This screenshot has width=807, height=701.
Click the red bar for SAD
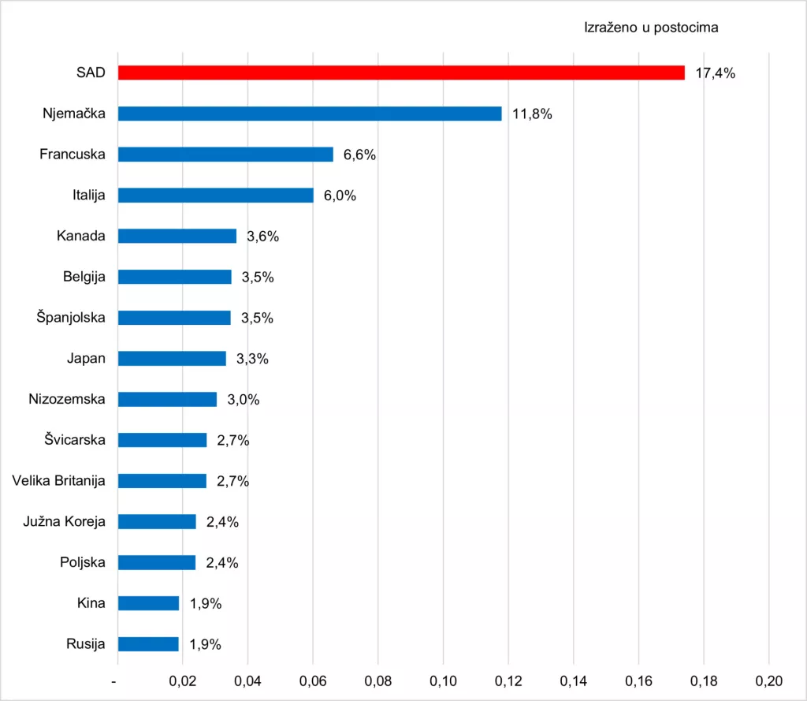tap(401, 73)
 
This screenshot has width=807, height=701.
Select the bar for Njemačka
tap(310, 114)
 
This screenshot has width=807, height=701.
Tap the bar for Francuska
tap(225, 154)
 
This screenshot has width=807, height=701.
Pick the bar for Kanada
tap(177, 236)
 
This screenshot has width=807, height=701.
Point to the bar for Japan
tap(172, 358)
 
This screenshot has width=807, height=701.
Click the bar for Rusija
tap(149, 644)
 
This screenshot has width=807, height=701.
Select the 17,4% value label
tap(715, 73)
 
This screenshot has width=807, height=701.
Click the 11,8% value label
tap(532, 114)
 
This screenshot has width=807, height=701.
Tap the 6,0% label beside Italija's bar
tap(340, 196)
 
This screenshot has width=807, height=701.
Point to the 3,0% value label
tap(244, 400)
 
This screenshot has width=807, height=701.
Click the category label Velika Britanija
tap(59, 480)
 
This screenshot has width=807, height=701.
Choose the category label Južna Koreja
tap(66, 521)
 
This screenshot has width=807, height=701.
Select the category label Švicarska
tap(75, 439)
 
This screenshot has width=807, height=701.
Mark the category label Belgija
tap(84, 277)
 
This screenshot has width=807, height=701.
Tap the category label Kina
tap(91, 603)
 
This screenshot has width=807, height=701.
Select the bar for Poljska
tap(157, 562)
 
